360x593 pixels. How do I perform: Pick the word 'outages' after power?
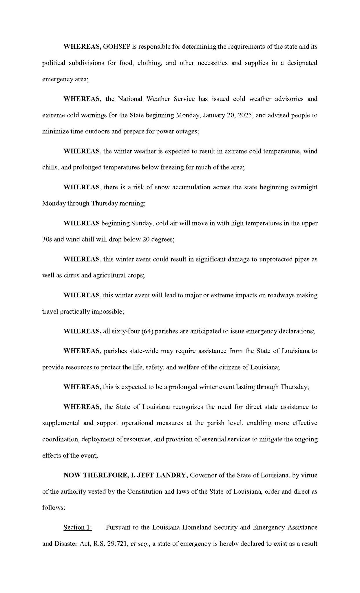tap(187, 131)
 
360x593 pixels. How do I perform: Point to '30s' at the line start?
tap(47, 239)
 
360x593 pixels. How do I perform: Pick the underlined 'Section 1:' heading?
tap(78, 527)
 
